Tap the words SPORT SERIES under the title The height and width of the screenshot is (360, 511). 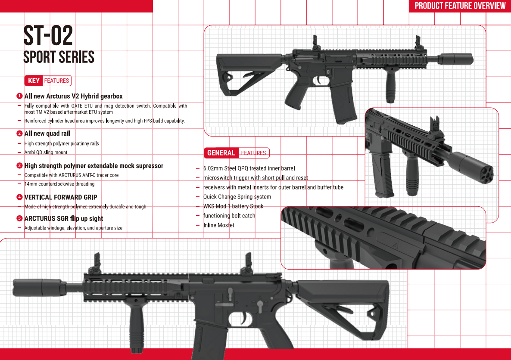pyautogui.click(x=59, y=57)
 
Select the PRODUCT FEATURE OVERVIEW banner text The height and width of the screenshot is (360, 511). pyautogui.click(x=460, y=6)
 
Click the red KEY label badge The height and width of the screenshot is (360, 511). pyautogui.click(x=34, y=81)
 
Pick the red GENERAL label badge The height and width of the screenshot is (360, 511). pyautogui.click(x=221, y=153)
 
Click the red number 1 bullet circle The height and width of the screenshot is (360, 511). pyautogui.click(x=19, y=96)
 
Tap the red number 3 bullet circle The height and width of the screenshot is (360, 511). pyautogui.click(x=19, y=165)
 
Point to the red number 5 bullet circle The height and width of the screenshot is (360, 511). pyautogui.click(x=19, y=218)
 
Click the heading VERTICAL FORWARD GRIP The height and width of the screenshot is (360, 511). pyautogui.click(x=61, y=197)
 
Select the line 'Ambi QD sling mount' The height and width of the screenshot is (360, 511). pyautogui.click(x=46, y=152)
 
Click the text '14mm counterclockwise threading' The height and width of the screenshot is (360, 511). pyautogui.click(x=59, y=184)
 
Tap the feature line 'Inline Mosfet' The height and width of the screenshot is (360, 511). pyautogui.click(x=219, y=225)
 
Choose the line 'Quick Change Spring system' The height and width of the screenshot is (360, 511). pyautogui.click(x=237, y=197)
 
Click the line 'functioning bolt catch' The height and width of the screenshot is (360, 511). pyautogui.click(x=229, y=216)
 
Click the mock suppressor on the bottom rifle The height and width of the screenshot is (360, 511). pyautogui.click(x=40, y=288)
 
